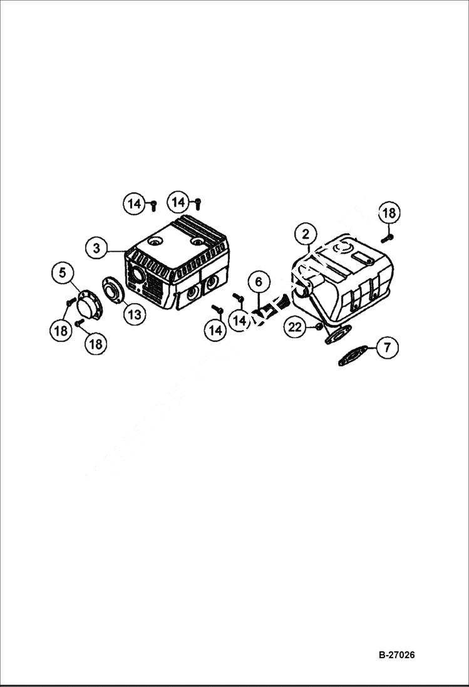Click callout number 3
pyautogui.click(x=96, y=248)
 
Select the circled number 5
pyautogui.click(x=63, y=273)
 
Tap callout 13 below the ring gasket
pyautogui.click(x=134, y=314)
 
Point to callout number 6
pyautogui.click(x=259, y=282)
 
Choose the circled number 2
pyautogui.click(x=306, y=235)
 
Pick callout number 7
pyautogui.click(x=387, y=347)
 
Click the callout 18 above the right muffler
pyautogui.click(x=389, y=213)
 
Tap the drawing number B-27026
pyautogui.click(x=396, y=655)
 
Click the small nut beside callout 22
pyautogui.click(x=317, y=327)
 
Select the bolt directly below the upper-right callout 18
pyautogui.click(x=386, y=238)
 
